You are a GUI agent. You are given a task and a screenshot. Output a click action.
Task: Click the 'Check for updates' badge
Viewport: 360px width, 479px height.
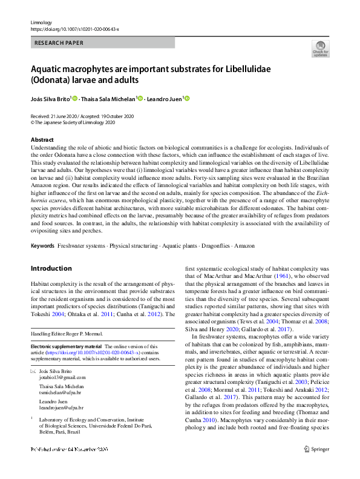(x=321, y=48)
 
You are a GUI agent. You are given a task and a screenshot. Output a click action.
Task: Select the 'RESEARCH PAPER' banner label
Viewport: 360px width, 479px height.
(x=59, y=43)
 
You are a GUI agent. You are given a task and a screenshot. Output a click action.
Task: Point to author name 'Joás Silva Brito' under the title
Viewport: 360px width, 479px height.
(x=50, y=98)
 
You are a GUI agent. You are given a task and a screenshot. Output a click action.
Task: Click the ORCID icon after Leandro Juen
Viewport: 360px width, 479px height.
(x=187, y=98)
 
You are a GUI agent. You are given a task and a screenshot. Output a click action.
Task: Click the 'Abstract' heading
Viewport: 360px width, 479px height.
(x=42, y=140)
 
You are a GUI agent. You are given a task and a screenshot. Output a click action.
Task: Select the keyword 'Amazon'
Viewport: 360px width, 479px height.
(x=244, y=246)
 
